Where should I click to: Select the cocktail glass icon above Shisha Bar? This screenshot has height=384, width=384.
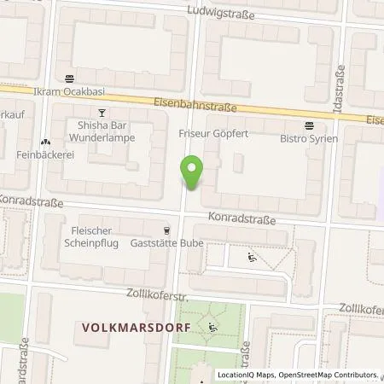tap(102, 112)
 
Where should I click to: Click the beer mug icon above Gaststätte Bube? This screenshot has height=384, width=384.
tap(166, 230)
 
